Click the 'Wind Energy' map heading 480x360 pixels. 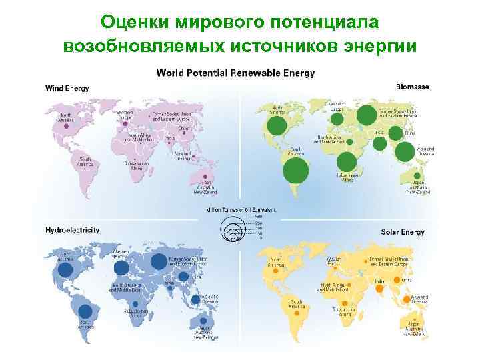[67, 88]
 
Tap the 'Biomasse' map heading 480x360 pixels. [413, 87]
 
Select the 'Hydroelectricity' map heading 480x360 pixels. [73, 230]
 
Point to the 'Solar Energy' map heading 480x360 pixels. [403, 231]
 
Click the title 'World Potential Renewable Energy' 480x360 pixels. [235, 72]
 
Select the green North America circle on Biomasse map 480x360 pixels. [278, 125]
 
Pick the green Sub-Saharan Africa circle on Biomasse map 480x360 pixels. [346, 162]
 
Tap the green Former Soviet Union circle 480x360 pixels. [366, 116]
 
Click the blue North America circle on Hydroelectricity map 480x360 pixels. [65, 270]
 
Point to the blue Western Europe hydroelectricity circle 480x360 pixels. [121, 267]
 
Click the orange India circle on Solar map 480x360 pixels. [383, 288]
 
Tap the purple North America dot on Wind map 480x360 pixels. [65, 127]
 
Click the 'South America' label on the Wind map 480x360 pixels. [85, 162]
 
